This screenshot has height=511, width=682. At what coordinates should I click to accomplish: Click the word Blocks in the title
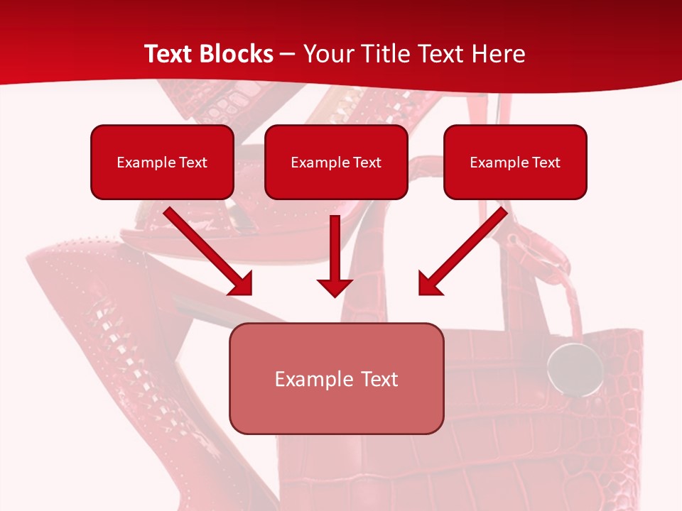237,54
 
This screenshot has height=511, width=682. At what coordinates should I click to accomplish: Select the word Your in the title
324,54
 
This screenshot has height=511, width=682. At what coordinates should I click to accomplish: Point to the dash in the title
288,55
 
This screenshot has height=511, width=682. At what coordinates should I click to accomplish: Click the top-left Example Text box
162,162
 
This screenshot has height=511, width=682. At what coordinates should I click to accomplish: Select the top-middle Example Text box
336,162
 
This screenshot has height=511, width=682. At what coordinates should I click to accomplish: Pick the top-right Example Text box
515,162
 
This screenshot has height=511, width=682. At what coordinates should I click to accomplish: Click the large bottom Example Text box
336,378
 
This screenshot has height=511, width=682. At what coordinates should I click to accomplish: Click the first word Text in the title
170,54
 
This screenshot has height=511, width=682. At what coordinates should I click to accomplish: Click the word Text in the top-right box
546,163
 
